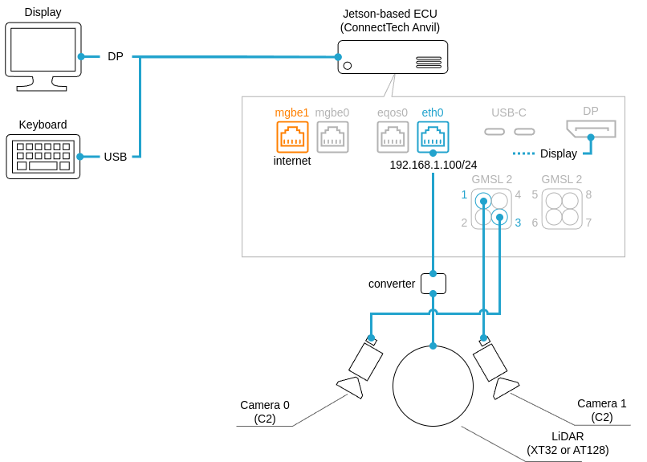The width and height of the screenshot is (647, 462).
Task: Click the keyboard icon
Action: tap(43, 157)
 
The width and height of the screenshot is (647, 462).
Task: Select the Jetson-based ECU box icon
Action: tap(393, 57)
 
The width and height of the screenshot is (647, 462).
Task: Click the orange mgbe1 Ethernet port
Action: tap(292, 137)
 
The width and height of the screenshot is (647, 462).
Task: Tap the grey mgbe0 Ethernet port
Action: tap(332, 137)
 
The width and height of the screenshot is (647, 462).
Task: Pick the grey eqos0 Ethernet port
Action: tap(393, 137)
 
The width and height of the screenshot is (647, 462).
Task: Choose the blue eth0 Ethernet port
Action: tap(433, 137)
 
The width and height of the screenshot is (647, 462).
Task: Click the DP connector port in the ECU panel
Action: tap(591, 129)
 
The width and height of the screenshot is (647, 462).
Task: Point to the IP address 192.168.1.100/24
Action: tap(433, 165)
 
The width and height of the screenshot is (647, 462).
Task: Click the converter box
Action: tap(433, 283)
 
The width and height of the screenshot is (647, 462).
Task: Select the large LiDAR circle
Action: tap(433, 386)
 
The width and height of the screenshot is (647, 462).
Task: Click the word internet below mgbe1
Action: tap(292, 161)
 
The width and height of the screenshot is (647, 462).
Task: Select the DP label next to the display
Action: tap(116, 56)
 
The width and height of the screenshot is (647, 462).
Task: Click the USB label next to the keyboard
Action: tap(116, 157)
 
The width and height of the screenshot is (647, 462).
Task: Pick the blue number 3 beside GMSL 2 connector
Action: tap(518, 223)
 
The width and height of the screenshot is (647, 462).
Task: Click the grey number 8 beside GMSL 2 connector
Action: tap(588, 194)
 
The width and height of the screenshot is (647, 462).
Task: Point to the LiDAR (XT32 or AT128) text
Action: tap(567, 443)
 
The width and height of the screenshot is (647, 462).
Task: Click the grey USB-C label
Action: tap(509, 112)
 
